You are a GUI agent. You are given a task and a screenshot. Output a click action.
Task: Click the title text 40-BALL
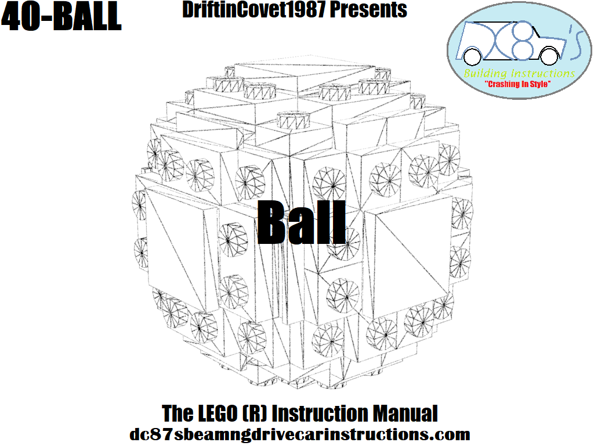pyautogui.click(x=61, y=17)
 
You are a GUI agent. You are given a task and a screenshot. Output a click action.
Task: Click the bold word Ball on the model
pyautogui.click(x=302, y=222)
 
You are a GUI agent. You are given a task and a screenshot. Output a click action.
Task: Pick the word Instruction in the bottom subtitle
pyautogui.click(x=320, y=413)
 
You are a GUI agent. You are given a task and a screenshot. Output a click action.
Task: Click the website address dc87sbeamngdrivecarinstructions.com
pyautogui.click(x=300, y=434)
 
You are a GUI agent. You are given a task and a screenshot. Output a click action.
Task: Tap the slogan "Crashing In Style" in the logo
pyautogui.click(x=517, y=84)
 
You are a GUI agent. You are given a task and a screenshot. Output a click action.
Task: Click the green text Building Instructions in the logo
pyautogui.click(x=519, y=73)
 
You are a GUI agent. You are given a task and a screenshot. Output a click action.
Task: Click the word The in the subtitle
pyautogui.click(x=178, y=413)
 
